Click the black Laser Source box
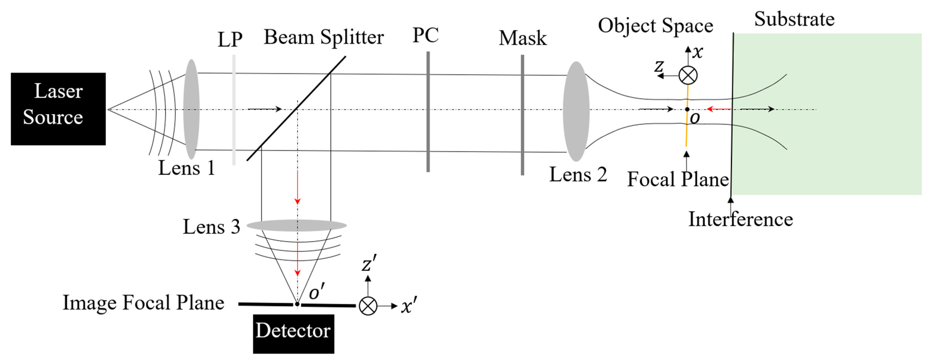point(58,109)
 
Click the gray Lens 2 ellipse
point(576,111)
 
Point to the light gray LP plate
point(234,110)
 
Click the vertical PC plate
point(428,111)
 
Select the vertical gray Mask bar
point(522,115)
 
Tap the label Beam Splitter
point(323,37)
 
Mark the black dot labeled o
point(687,109)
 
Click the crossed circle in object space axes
point(688,75)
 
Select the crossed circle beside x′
point(368,306)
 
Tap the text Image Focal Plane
point(143,303)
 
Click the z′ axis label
point(369,263)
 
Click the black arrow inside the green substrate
point(757,109)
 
